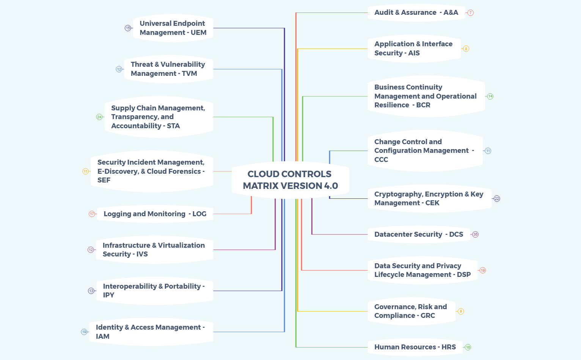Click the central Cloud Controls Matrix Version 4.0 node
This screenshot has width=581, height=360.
coord(290,180)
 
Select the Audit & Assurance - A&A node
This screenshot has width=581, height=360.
coord(416,13)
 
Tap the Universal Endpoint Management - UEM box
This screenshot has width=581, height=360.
coord(173,28)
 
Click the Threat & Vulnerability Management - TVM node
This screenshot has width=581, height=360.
coord(168,69)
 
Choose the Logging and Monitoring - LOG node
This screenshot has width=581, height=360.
coord(155,214)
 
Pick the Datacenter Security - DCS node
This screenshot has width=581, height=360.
coord(418,234)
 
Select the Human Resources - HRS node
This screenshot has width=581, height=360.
coord(415,347)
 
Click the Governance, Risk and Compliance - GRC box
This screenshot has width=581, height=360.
coord(411,311)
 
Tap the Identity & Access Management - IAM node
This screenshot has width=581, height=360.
coord(151,332)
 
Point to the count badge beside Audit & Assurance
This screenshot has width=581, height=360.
coord(470,13)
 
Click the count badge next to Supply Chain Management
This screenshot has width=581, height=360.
coord(99,117)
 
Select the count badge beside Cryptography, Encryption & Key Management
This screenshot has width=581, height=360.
coord(497,199)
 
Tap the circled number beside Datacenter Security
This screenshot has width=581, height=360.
coord(475,234)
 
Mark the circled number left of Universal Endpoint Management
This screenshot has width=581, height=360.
coord(128,28)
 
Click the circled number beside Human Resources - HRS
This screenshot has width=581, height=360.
coord(468,347)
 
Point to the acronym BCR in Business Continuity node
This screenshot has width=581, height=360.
coord(423,105)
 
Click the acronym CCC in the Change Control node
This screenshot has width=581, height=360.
coord(381,160)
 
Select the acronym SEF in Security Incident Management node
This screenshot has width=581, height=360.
coord(104,180)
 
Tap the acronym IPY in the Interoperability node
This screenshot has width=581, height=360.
coord(108,295)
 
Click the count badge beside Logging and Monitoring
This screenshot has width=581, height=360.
coord(92,214)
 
